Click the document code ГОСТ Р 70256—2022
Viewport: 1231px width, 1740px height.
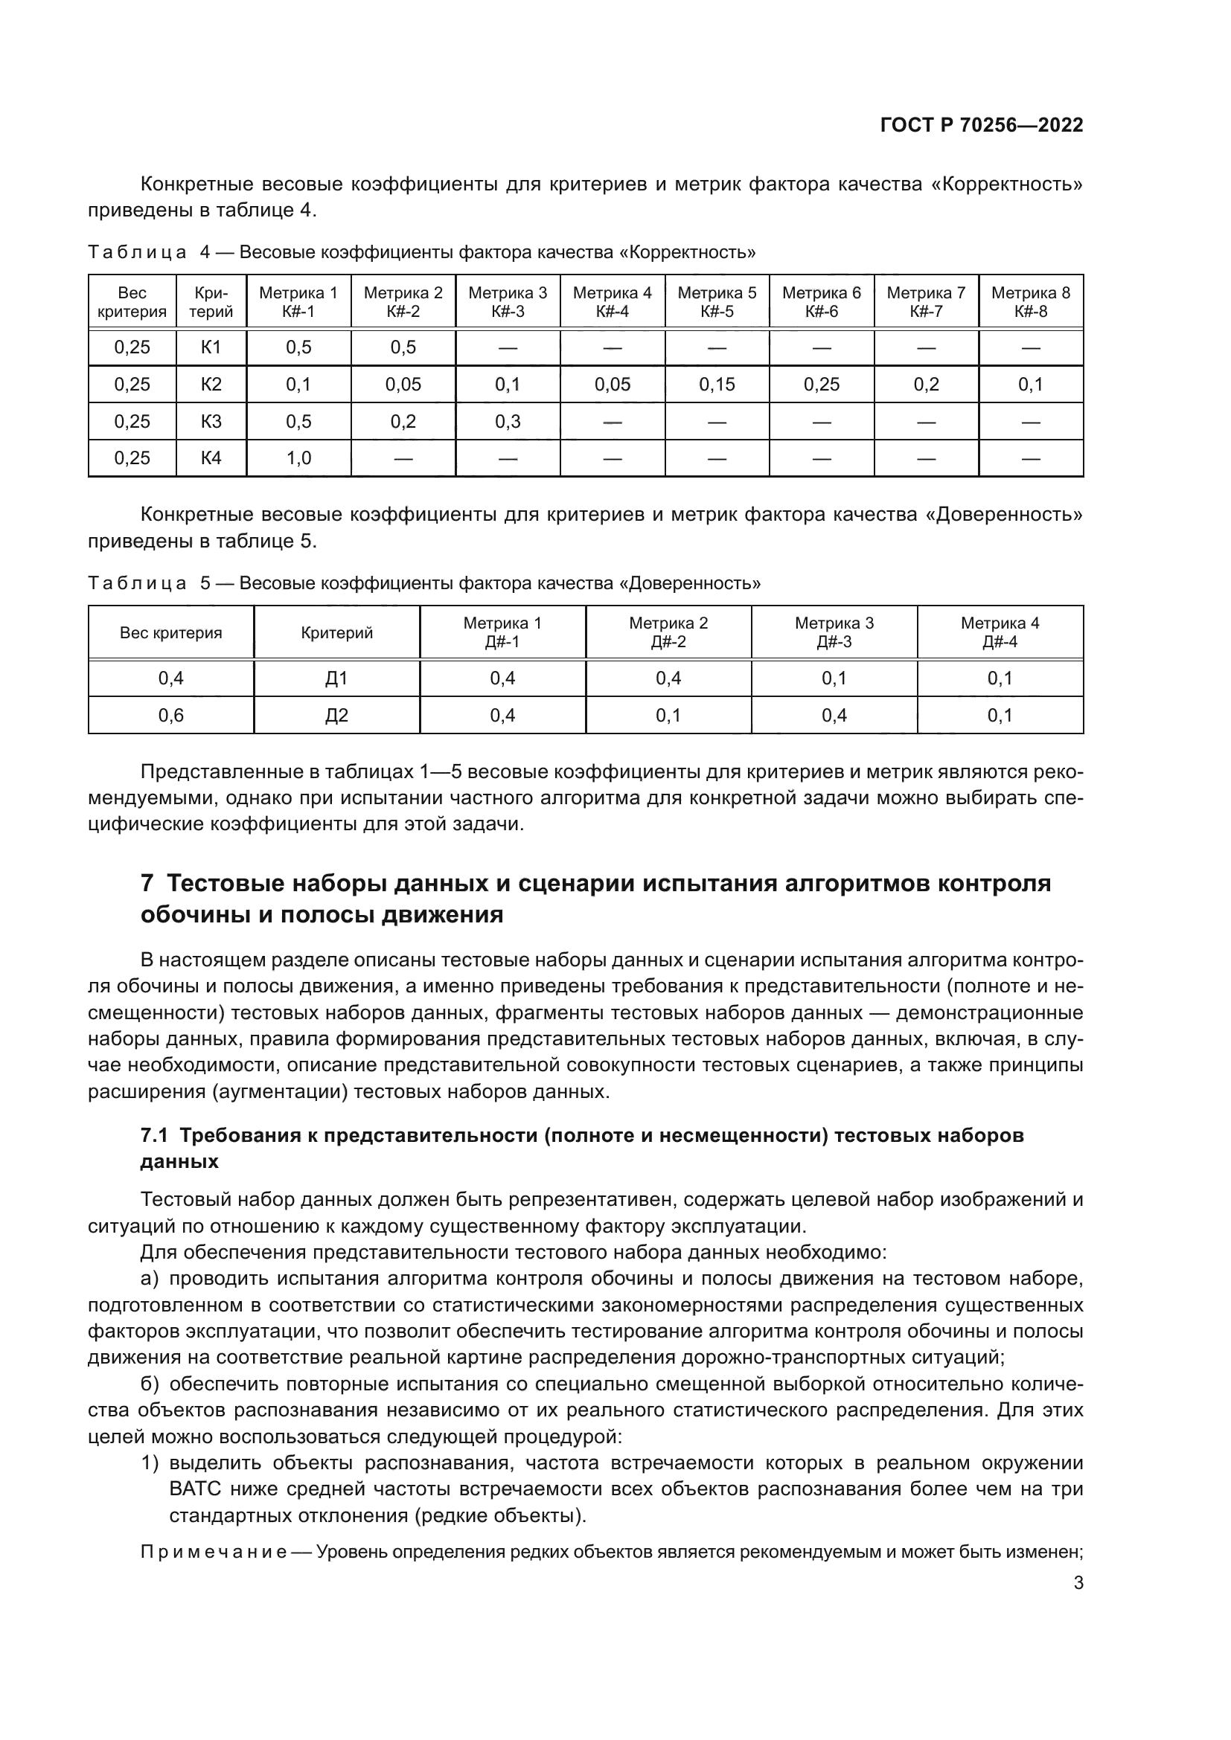pos(981,126)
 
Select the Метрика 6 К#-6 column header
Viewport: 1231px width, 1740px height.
pos(821,301)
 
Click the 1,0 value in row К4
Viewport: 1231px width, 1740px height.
pos(298,458)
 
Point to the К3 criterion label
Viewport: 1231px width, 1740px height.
pos(211,421)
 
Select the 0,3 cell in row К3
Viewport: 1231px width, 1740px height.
pos(507,421)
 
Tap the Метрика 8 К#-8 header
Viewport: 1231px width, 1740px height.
pos(1030,301)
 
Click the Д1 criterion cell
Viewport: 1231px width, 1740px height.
pos(336,678)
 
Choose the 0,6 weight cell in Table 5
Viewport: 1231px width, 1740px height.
pos(170,716)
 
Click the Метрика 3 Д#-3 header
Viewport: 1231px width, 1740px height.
pos(834,632)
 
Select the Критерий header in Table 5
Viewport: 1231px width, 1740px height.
pos(336,633)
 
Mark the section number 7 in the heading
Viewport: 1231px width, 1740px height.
pos(148,884)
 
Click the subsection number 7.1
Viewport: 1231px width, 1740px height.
pos(154,1135)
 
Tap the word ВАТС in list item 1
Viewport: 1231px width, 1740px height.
pos(195,1489)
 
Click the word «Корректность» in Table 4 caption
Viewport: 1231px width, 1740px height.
pos(688,252)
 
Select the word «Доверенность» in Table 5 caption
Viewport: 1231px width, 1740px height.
pos(690,583)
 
